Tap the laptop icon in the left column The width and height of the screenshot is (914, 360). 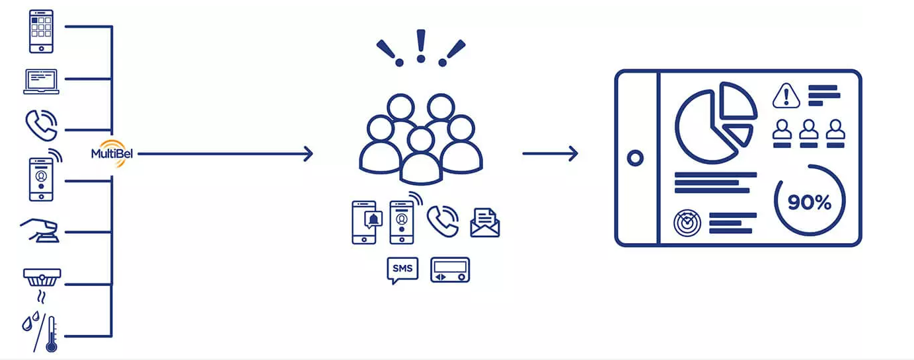tap(41, 81)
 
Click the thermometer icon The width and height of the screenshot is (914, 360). tap(50, 334)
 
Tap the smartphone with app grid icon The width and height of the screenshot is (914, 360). tap(41, 30)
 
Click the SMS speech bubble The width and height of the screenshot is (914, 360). tap(402, 270)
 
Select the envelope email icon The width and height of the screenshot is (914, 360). tap(484, 223)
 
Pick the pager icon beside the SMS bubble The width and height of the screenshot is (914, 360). tap(449, 270)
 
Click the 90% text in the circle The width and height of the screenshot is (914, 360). tap(809, 203)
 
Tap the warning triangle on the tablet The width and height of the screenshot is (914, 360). tap(786, 96)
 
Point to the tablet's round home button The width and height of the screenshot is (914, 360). tap(636, 159)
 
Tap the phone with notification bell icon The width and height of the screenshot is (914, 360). tap(364, 223)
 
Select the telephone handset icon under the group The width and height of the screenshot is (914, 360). tap(442, 221)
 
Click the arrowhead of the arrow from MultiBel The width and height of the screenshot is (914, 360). tap(307, 155)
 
